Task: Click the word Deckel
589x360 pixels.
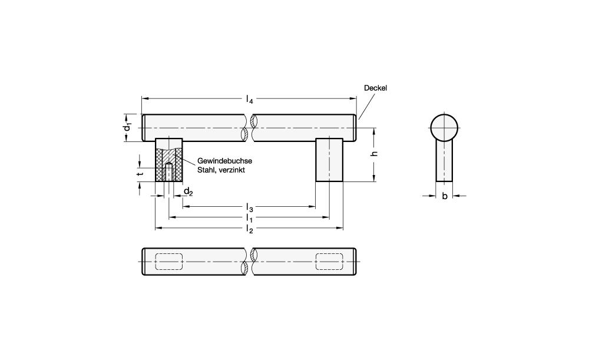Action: [375, 88]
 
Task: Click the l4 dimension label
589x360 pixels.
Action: [249, 99]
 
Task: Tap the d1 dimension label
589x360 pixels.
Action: [128, 127]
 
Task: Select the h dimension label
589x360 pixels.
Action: [374, 153]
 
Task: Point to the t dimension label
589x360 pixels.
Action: [140, 174]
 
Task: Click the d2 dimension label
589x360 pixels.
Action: [188, 192]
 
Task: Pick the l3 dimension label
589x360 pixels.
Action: [249, 207]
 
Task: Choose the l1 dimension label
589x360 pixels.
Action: [249, 218]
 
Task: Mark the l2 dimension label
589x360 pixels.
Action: [249, 229]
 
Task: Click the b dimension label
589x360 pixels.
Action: [444, 196]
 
